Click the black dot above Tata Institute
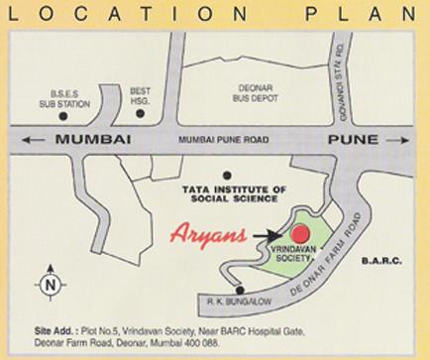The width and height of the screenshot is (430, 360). (x=227, y=175)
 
